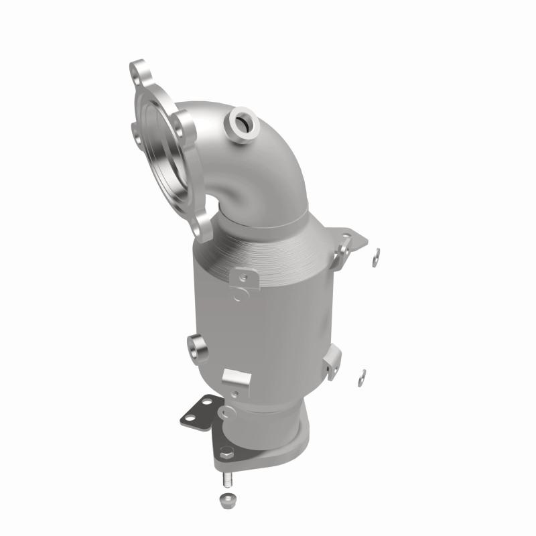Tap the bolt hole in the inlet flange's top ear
[139, 70]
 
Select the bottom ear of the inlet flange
[202, 229]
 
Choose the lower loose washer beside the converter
[362, 373]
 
